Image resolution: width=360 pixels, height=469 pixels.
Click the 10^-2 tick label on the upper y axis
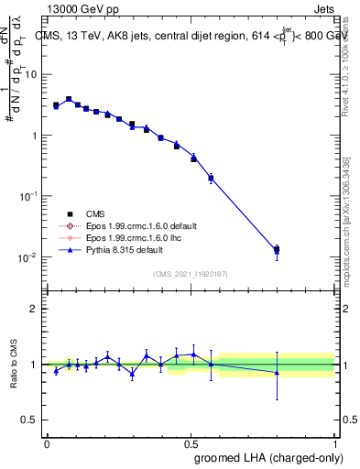point(26,256)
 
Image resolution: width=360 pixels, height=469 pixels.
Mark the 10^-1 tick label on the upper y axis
point(26,196)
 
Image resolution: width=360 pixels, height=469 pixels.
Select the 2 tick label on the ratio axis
point(33,309)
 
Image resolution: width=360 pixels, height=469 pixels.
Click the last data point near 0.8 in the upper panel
point(277,249)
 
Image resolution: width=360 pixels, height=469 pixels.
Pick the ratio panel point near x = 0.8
point(277,372)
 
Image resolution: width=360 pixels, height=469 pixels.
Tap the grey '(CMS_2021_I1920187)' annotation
point(191,274)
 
